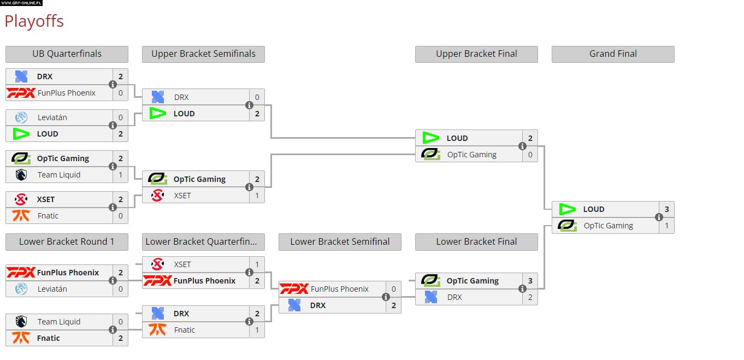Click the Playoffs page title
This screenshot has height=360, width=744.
point(34,21)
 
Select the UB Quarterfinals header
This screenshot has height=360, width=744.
point(67,54)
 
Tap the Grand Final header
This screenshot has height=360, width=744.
point(613,54)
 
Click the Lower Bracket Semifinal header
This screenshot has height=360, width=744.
point(340,242)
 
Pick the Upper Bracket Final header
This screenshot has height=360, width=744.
point(476,54)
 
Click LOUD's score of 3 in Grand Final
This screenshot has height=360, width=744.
point(666,209)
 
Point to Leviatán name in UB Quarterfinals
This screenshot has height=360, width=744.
point(52,117)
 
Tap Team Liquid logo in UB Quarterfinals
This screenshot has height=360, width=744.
point(21,175)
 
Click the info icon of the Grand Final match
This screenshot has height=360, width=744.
point(659,217)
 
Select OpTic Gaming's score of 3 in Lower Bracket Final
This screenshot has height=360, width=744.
point(530,281)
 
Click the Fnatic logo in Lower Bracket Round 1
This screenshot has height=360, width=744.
point(21,338)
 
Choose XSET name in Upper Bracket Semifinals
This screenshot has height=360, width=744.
point(182,196)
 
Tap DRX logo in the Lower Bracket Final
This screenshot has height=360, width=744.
point(431,297)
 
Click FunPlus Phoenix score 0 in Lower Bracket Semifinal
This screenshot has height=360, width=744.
point(393,289)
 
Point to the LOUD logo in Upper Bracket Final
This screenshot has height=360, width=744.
point(431,138)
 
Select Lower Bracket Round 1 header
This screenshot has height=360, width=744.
point(67,242)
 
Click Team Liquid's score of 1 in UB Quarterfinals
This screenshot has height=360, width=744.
point(120,175)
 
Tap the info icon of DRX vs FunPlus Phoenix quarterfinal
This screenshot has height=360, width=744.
point(113,85)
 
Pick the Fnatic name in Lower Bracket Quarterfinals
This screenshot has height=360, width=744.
point(185,330)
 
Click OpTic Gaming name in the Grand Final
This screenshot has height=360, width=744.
point(608,226)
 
